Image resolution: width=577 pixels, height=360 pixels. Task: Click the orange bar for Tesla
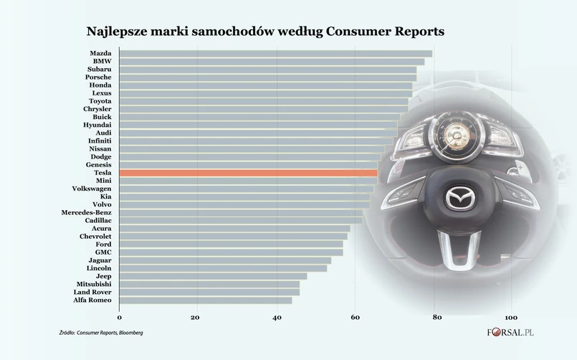pos(248,173)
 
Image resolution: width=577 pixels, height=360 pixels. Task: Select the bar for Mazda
pos(275,54)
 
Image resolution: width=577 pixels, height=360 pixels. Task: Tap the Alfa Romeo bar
pos(206,300)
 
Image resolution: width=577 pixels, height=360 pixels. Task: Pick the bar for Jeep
pos(213,276)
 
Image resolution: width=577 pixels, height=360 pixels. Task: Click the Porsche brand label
pos(98,77)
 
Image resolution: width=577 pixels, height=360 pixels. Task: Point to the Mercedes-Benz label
pos(86,213)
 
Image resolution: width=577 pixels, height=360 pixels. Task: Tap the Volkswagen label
pos(91,189)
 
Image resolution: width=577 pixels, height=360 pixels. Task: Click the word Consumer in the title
pos(355,32)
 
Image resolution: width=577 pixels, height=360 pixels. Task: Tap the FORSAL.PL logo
pos(510,333)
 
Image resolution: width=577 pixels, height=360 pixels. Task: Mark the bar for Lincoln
pos(223,268)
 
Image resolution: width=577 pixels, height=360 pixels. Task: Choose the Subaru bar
pos(267,70)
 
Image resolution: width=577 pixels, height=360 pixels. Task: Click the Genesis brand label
pos(98,165)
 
